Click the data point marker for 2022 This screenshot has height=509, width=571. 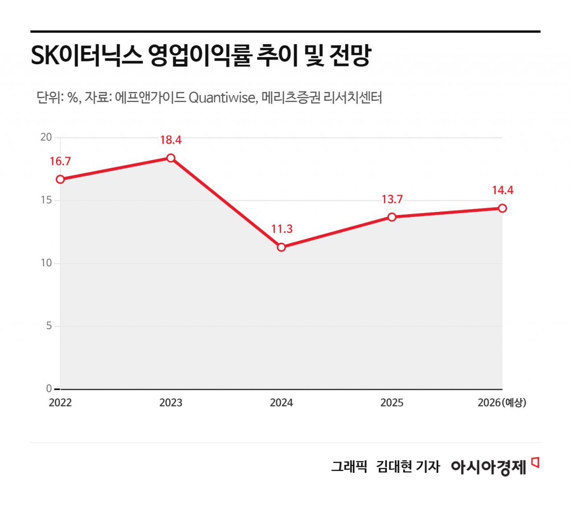[60, 179]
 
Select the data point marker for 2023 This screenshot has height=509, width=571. [171, 158]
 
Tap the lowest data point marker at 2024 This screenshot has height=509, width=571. [281, 247]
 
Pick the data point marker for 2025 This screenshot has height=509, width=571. [392, 217]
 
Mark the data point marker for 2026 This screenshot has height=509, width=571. [502, 208]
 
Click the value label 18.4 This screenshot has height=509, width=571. [171, 140]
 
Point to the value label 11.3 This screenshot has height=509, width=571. [282, 229]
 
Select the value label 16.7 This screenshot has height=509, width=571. [60, 161]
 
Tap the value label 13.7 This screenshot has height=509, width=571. [392, 199]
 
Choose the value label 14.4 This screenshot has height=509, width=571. [503, 190]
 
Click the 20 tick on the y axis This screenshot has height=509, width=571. [46, 137]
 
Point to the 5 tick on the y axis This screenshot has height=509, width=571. [49, 326]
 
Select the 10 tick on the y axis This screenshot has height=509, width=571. [46, 263]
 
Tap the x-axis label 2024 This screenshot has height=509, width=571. [281, 403]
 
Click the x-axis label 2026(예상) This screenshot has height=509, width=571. [502, 403]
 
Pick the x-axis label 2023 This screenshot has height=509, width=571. [171, 403]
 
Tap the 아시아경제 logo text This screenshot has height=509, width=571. [488, 467]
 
